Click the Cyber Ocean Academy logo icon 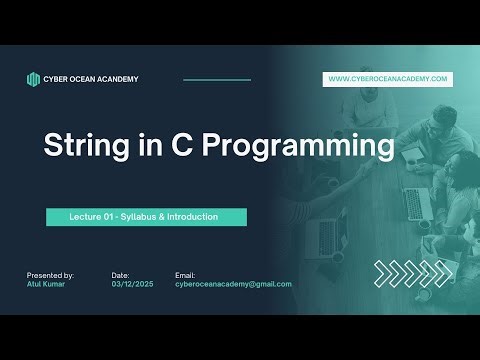click(33, 79)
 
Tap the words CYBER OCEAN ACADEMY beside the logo click(91, 79)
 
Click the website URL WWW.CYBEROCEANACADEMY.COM click(388, 79)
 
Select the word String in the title click(84, 146)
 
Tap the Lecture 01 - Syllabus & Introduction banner click(146, 216)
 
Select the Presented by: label click(50, 274)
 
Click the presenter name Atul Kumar click(47, 284)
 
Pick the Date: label click(121, 274)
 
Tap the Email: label click(185, 274)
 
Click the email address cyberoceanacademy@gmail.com click(233, 284)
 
